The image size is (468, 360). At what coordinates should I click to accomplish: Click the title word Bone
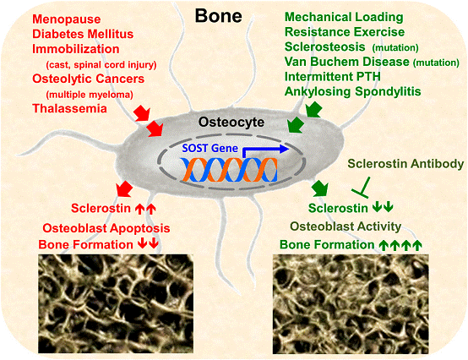pyautogui.click(x=218, y=15)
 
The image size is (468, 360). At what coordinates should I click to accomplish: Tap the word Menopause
pyautogui.click(x=67, y=19)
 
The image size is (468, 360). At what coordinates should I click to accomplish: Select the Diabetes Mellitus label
pyautogui.click(x=83, y=34)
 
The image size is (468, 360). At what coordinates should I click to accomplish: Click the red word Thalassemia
pyautogui.click(x=69, y=108)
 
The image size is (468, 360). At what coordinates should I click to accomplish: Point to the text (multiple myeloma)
pyautogui.click(x=90, y=95)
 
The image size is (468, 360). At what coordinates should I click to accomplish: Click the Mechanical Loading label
pyautogui.click(x=344, y=17)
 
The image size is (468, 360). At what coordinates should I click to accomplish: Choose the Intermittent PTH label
pyautogui.click(x=333, y=77)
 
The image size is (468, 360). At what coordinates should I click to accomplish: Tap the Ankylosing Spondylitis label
pyautogui.click(x=353, y=91)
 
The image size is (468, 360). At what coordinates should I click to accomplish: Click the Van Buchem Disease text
pyautogui.click(x=347, y=62)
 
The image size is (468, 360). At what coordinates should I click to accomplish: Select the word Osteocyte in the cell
pyautogui.click(x=231, y=122)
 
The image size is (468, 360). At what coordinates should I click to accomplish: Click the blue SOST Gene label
pyautogui.click(x=210, y=148)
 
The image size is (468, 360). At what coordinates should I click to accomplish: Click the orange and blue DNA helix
pyautogui.click(x=229, y=170)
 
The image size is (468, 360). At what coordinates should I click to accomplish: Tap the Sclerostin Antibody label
pyautogui.click(x=405, y=164)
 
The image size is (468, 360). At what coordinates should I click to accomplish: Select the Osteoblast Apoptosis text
pyautogui.click(x=106, y=228)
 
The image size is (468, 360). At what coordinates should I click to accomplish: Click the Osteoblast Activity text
pyautogui.click(x=346, y=226)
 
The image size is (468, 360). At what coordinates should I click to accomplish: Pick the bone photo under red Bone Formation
pyautogui.click(x=116, y=303)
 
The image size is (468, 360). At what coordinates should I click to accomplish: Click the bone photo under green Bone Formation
pyautogui.click(x=351, y=304)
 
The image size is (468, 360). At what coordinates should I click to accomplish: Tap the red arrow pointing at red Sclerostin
pyautogui.click(x=124, y=189)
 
